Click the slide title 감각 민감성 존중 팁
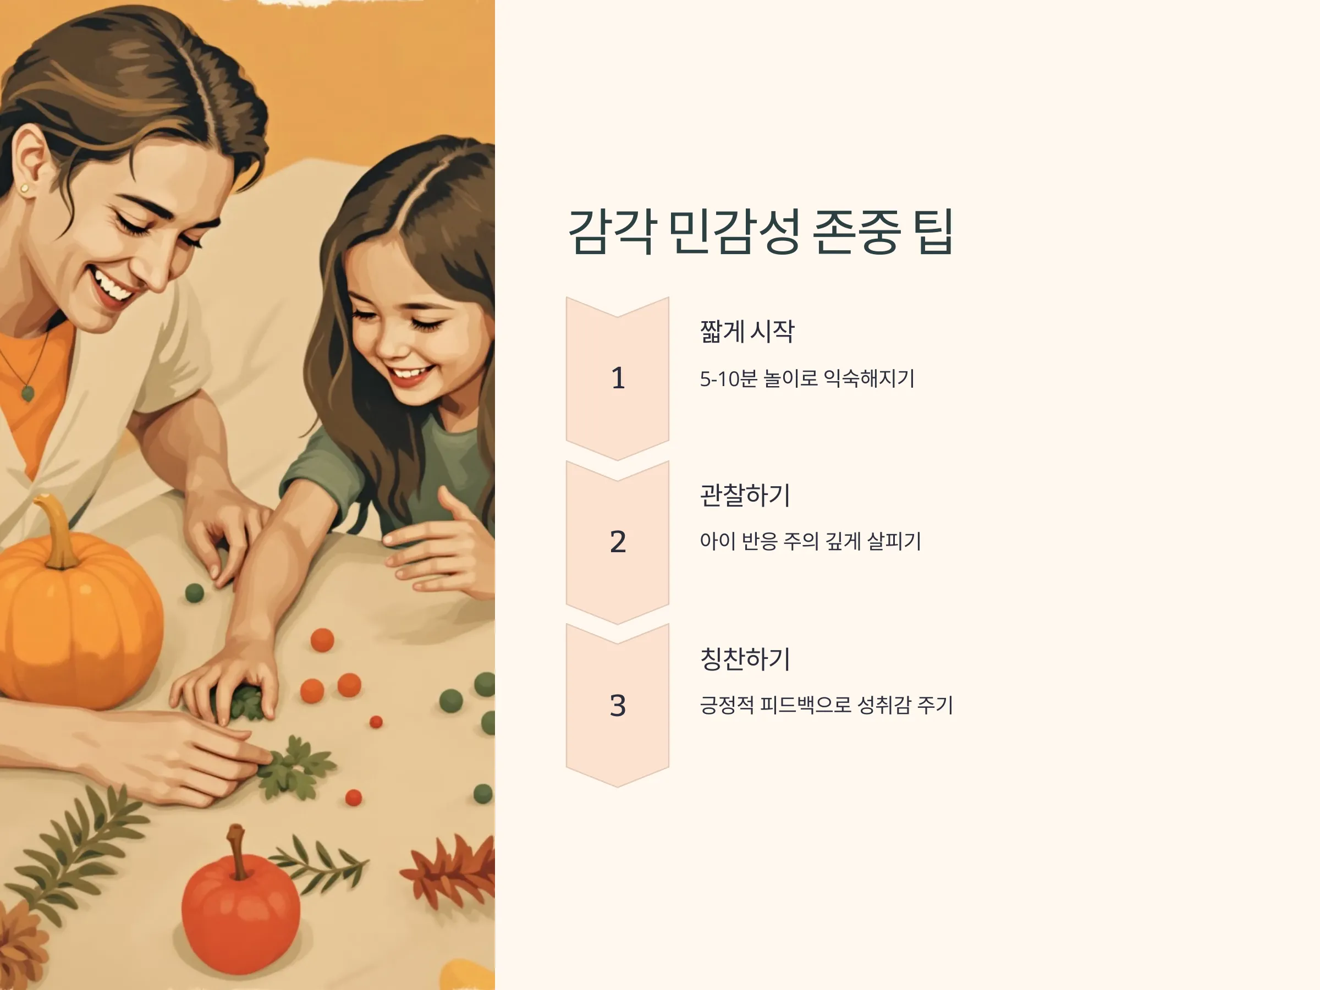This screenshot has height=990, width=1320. [x=760, y=232]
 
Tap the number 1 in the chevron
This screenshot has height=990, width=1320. [x=618, y=378]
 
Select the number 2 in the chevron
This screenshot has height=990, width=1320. [x=618, y=542]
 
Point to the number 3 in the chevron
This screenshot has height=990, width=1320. [x=618, y=705]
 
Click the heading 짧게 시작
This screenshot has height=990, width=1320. [x=747, y=331]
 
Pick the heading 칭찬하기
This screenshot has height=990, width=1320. [x=745, y=658]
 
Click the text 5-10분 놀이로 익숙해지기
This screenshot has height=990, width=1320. [x=807, y=378]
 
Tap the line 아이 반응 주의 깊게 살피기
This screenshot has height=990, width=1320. [x=810, y=541]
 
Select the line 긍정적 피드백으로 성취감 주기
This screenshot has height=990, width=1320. [x=827, y=705]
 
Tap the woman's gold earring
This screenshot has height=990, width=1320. [x=24, y=189]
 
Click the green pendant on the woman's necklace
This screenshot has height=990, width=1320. [x=28, y=393]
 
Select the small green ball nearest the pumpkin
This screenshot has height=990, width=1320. [x=195, y=592]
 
